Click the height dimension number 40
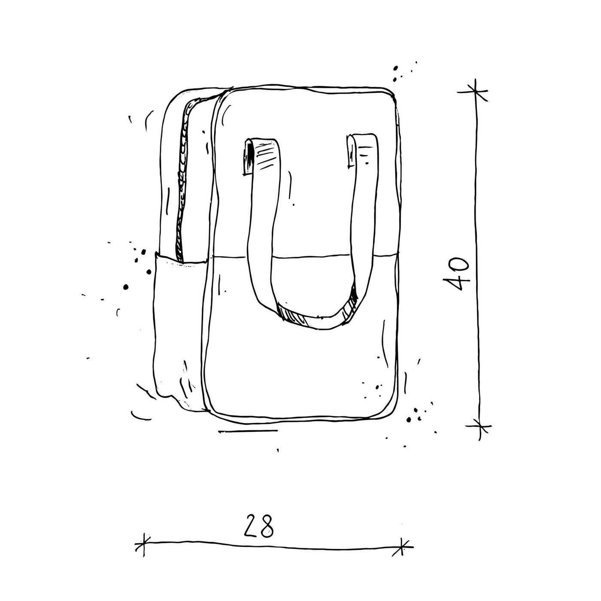point(456,273)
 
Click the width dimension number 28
point(258,526)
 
